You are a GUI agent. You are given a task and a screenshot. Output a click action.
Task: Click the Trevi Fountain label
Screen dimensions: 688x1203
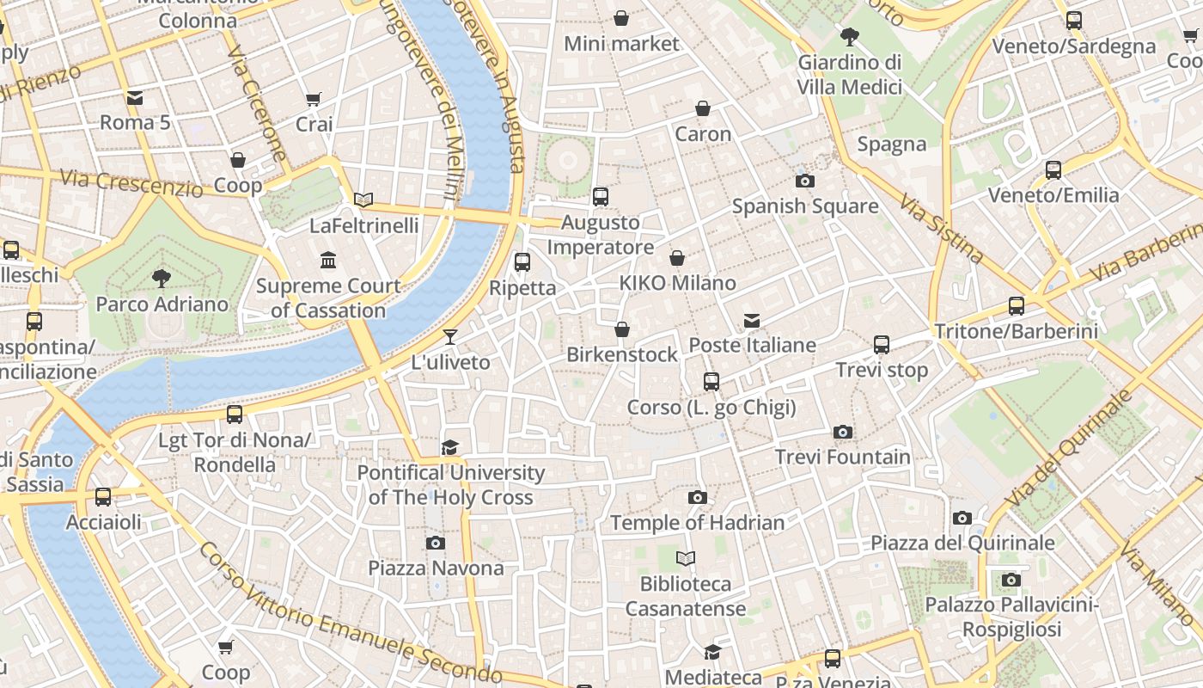coord(843,457)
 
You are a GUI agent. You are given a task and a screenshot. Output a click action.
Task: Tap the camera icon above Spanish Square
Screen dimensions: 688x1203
coord(805,181)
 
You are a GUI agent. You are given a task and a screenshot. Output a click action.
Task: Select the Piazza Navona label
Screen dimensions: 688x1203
coord(436,568)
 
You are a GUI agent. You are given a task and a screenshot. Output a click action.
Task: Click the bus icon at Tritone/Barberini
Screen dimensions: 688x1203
coord(1017,305)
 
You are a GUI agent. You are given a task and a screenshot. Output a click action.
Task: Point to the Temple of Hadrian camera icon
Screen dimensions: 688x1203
coord(698,497)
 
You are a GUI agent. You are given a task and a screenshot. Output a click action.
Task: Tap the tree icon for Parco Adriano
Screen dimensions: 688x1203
coord(161,278)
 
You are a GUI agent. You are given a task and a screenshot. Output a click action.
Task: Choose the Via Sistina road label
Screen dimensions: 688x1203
coord(941,228)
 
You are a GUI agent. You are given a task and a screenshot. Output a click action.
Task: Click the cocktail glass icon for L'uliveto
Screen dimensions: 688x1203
coord(450,336)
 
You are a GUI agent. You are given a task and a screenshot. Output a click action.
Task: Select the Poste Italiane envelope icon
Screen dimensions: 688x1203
coord(752,321)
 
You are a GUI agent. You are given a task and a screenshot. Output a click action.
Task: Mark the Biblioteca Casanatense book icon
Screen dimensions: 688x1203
coord(685,559)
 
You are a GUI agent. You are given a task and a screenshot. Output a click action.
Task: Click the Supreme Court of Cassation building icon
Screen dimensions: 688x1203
coord(328,260)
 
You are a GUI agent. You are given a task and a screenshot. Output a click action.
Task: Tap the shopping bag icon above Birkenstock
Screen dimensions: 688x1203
coord(622,329)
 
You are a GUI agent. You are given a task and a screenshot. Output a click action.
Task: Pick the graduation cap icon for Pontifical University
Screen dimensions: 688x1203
coord(450,447)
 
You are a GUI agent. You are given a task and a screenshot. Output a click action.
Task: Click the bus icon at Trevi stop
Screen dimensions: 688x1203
coord(882,345)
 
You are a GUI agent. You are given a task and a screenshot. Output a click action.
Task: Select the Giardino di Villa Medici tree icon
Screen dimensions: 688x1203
coord(850,36)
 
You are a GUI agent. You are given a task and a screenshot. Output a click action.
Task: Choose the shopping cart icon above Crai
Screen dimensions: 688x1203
coord(314,100)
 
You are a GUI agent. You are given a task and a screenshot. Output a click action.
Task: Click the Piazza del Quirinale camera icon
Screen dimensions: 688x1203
coord(962,518)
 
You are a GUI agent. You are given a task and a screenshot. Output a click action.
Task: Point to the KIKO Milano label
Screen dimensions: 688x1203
coord(677,283)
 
